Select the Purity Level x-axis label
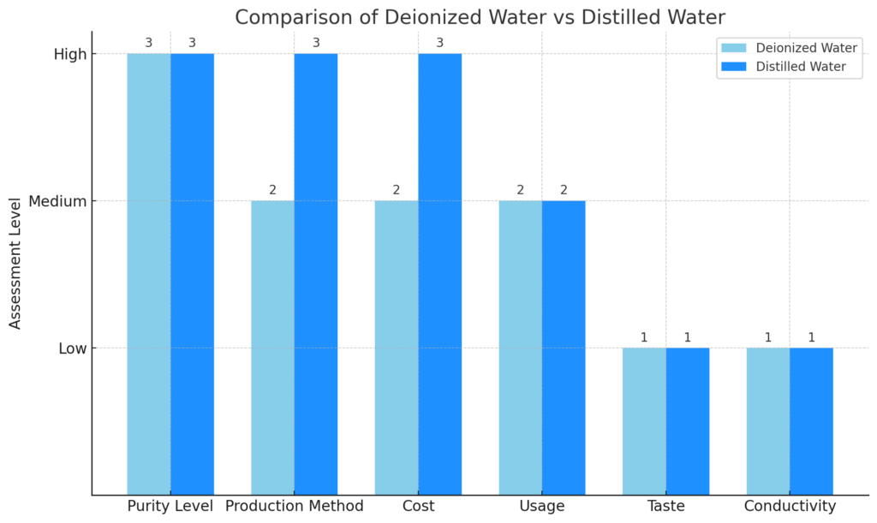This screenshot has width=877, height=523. [x=170, y=507]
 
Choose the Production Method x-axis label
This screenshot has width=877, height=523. [x=294, y=507]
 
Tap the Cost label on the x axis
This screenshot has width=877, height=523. [x=418, y=507]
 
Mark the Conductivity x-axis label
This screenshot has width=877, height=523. [x=790, y=507]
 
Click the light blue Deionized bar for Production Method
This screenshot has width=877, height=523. [x=272, y=347]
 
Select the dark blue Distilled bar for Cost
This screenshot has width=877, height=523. [x=439, y=274]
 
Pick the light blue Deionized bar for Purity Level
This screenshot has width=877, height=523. [x=149, y=274]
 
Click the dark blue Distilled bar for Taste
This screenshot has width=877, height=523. [x=688, y=420]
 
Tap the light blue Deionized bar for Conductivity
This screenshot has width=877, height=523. [x=768, y=420]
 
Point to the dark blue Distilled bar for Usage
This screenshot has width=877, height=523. [x=564, y=347]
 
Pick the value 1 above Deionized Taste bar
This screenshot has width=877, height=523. [x=644, y=337]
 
